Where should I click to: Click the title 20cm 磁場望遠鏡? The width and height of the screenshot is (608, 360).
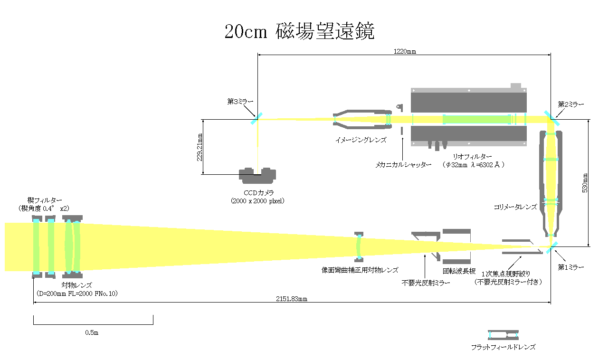tap(300, 31)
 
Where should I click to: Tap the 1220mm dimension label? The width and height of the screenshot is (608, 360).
tap(405, 51)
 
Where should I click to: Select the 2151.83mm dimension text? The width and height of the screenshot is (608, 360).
tap(292, 299)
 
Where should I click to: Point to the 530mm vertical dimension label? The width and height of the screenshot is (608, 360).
tap(585, 183)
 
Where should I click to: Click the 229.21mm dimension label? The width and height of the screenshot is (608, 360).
tap(200, 147)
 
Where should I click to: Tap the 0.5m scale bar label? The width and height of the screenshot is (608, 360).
tap(92, 332)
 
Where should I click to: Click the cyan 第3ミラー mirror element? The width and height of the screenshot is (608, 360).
tap(256, 119)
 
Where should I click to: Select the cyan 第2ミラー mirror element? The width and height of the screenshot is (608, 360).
tap(552, 118)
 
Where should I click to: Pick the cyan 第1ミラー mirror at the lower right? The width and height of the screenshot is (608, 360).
tap(552, 247)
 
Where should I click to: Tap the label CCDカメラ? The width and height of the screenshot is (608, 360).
tap(259, 193)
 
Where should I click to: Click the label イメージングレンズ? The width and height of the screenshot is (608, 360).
tap(361, 140)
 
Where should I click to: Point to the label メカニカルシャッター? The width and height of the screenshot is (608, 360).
tap(403, 165)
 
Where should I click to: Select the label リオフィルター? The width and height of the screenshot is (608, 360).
tap(472, 157)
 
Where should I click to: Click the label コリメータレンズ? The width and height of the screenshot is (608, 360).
tap(515, 207)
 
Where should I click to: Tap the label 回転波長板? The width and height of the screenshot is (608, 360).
tap(459, 271)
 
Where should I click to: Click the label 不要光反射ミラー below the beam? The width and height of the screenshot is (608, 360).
tap(426, 283)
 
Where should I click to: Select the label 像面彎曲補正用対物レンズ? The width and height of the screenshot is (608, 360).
tap(360, 270)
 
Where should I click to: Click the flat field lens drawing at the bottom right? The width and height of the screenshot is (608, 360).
tap(503, 335)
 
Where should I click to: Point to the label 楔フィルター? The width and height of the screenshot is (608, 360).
tap(45, 200)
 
